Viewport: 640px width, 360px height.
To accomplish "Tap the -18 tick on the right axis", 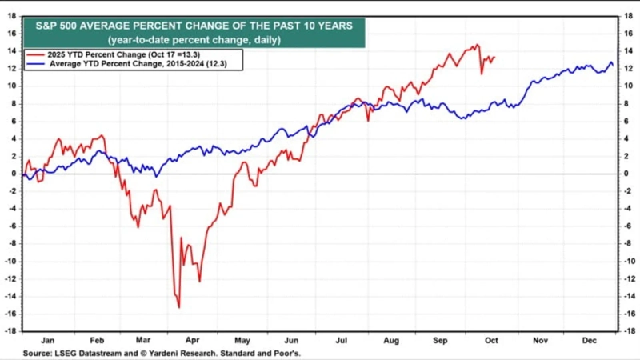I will [x=629, y=331].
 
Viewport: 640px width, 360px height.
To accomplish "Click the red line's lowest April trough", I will [x=178, y=307].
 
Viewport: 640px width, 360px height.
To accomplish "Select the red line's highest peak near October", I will [x=478, y=45].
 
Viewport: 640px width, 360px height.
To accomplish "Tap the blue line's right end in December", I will [x=614, y=66].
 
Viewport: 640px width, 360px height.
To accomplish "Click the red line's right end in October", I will [x=494, y=57].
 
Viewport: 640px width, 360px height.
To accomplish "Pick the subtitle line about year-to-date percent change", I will [x=193, y=39].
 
